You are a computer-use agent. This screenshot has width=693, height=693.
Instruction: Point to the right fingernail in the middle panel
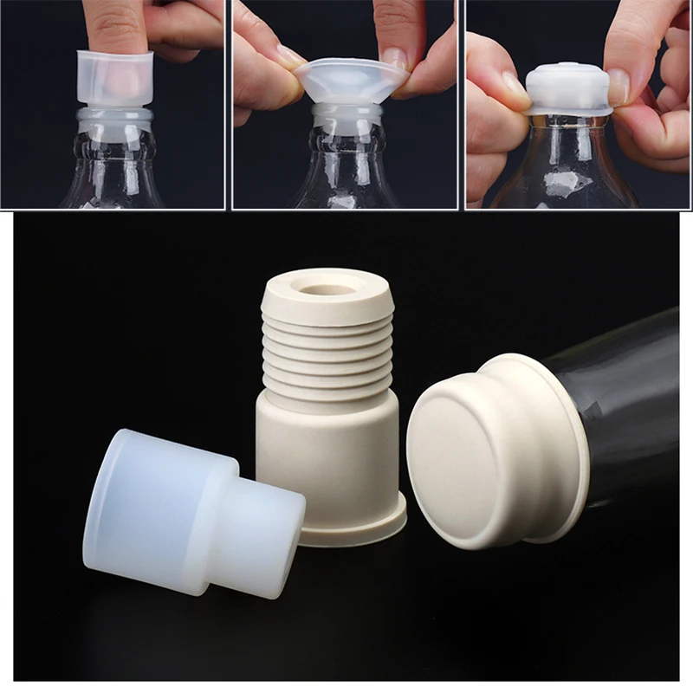(x=394, y=57)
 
